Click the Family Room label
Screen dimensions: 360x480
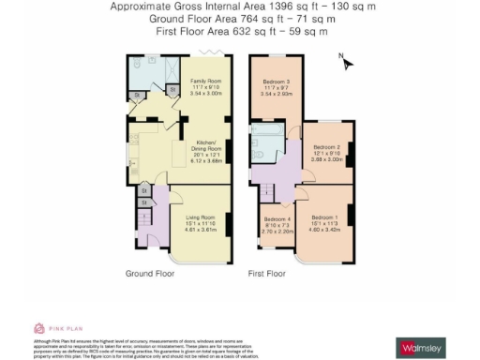pyautogui.click(x=204, y=82)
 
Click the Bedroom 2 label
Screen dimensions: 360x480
pyautogui.click(x=325, y=147)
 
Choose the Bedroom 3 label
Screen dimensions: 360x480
pyautogui.click(x=275, y=82)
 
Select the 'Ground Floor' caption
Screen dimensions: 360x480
pyautogui.click(x=150, y=274)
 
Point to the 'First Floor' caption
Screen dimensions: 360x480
pyautogui.click(x=267, y=274)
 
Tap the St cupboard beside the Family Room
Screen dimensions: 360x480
pyautogui.click(x=172, y=91)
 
